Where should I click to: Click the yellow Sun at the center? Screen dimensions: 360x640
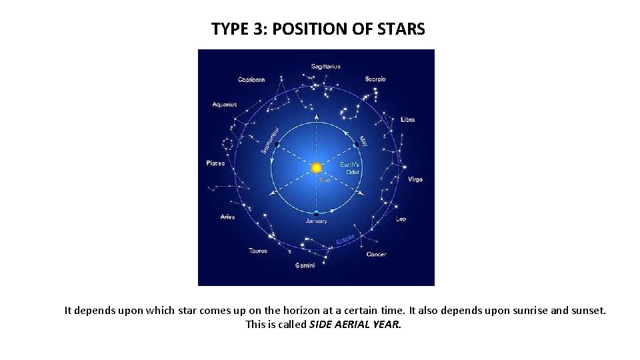point(316,167)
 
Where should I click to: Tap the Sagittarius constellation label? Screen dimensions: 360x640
point(325,66)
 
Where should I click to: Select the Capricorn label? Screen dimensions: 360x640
point(251,80)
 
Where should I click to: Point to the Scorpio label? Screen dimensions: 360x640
point(375,79)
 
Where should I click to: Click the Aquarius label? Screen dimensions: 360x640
point(225,105)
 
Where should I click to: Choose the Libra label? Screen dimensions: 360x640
point(407,120)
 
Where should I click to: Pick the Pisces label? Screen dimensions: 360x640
point(216,163)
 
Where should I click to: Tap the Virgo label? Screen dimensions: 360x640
point(415,179)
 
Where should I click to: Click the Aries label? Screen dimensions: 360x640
point(227,217)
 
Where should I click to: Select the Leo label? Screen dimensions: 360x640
point(401,219)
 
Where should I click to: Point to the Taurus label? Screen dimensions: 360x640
point(258,251)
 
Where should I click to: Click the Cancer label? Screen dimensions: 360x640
point(376,255)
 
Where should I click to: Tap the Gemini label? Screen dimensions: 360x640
point(306,265)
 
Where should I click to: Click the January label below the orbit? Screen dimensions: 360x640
point(316,221)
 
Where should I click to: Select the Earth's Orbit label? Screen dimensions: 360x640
point(351,168)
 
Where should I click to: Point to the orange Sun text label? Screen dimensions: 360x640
point(325,179)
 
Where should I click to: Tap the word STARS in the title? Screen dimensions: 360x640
point(401,29)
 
